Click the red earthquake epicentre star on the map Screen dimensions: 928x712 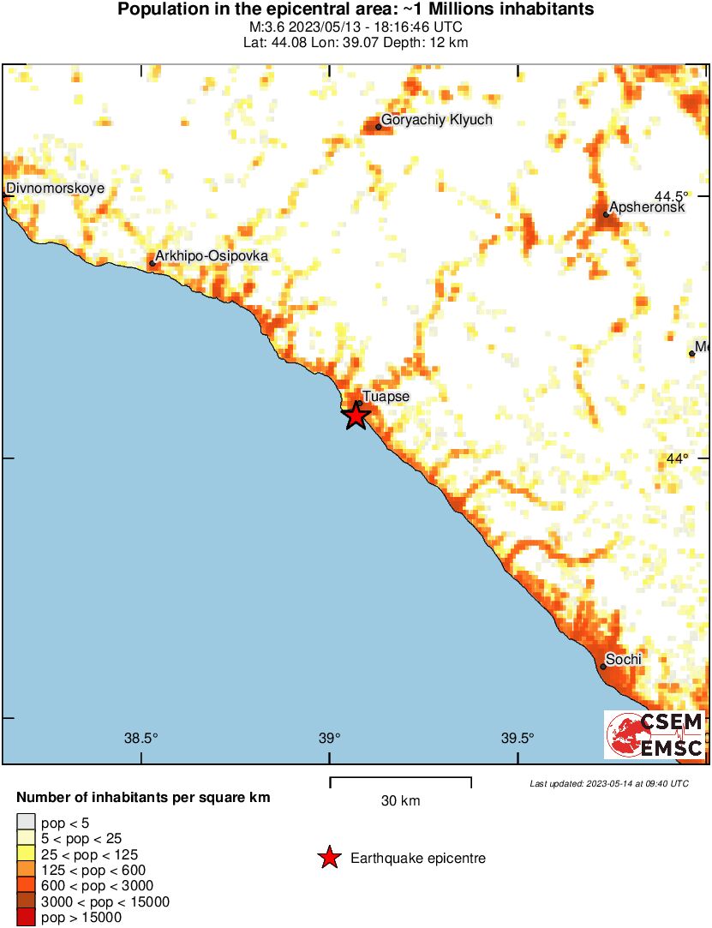356,416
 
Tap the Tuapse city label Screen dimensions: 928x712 386,397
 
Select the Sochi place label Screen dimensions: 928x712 624,660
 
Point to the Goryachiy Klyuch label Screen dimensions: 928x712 437,120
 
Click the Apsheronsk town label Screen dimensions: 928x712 647,207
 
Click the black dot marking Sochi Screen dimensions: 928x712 603,667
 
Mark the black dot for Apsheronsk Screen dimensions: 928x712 606,214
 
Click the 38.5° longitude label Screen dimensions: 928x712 141,739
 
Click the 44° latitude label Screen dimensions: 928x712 678,459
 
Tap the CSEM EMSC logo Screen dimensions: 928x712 655,734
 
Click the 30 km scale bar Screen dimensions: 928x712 400,779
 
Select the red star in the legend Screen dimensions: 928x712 329,858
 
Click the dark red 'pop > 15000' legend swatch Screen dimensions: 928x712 26,918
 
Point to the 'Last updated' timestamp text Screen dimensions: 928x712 608,784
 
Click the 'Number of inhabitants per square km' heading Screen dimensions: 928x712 143,798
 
